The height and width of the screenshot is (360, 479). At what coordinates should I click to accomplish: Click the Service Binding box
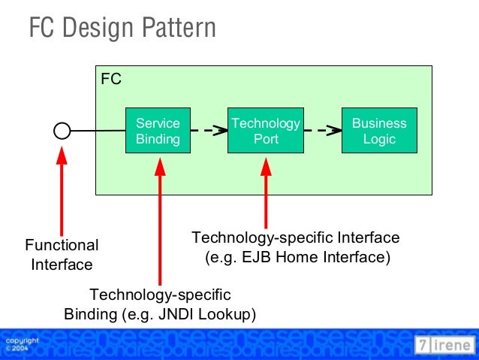[158, 131]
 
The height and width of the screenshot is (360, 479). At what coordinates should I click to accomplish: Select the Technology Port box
[266, 131]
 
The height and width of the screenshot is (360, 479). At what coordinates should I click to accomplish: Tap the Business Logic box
[379, 131]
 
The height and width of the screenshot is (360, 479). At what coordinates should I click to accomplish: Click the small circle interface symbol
[62, 132]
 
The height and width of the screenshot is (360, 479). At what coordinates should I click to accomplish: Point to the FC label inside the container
[111, 79]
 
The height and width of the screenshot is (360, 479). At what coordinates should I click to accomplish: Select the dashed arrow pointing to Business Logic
[321, 131]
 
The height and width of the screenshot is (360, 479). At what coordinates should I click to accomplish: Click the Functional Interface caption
[62, 255]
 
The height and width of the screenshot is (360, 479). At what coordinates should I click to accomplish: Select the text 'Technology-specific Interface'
[296, 238]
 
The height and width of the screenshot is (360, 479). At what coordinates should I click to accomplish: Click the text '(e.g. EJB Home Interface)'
[297, 258]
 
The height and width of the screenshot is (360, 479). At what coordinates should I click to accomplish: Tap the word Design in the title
[96, 29]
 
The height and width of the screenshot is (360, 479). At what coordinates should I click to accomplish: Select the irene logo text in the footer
[453, 345]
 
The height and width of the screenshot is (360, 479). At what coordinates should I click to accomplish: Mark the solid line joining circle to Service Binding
[98, 132]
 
